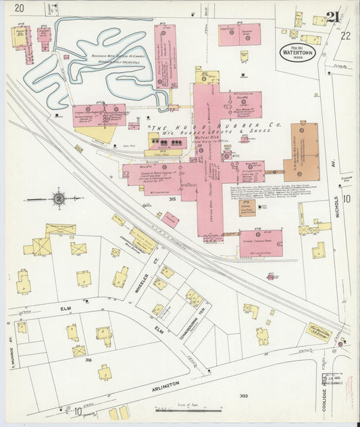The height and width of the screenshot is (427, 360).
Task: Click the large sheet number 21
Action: [332, 17]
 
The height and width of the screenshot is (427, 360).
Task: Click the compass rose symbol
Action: [59, 198]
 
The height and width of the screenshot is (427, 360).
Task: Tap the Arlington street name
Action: [165, 384]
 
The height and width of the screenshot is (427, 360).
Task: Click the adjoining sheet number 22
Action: [345, 35]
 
